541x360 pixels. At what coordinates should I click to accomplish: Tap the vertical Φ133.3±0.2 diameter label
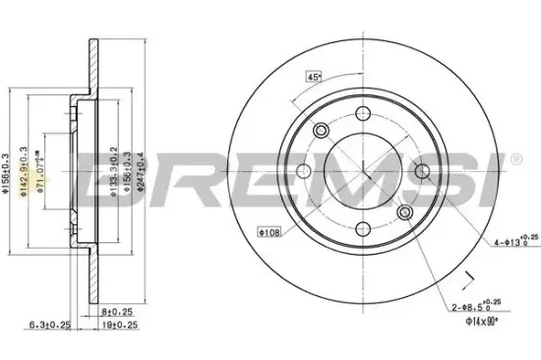[x=114, y=172]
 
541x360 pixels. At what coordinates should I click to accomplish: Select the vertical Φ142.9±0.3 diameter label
[x=19, y=172]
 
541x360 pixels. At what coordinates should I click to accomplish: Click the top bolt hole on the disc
[x=363, y=114]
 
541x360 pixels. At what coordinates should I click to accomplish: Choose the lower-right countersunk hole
[x=404, y=213]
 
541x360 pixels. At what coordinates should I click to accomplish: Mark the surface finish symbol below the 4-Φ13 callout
[x=468, y=277]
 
